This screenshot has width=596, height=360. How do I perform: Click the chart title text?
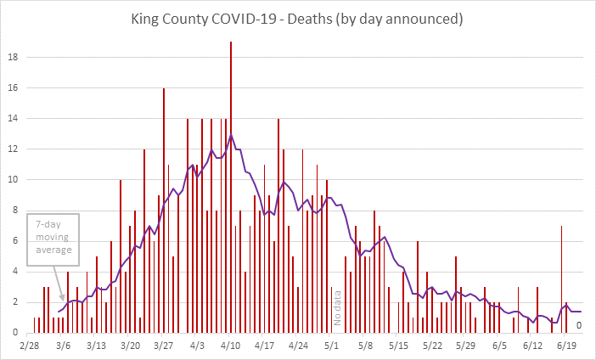[x=298, y=17]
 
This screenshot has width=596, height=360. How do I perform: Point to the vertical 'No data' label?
[x=337, y=307]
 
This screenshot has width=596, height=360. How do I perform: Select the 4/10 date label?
[x=231, y=346]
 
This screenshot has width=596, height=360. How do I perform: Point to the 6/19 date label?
[x=566, y=346]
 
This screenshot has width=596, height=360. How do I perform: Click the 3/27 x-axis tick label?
[x=164, y=346]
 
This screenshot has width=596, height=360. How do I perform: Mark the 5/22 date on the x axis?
[x=432, y=346]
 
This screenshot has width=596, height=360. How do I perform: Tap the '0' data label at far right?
[x=579, y=324]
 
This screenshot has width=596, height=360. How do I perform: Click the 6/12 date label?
[x=533, y=346]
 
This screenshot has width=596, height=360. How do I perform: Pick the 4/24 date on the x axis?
[x=298, y=346]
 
